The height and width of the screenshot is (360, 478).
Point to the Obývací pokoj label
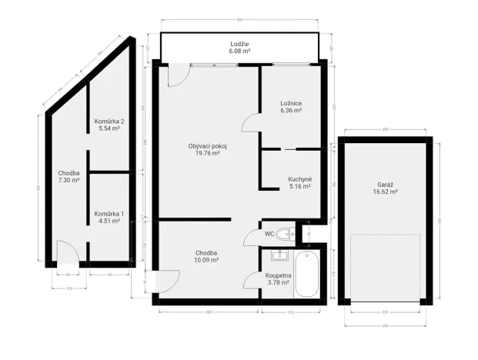coord(208,146)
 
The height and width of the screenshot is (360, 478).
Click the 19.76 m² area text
coord(208,153)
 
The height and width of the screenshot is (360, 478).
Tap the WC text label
coord(269,233)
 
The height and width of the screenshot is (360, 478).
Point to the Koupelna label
coord(277,275)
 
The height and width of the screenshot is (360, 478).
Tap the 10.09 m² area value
coord(206,260)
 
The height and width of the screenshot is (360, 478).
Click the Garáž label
coord(386,185)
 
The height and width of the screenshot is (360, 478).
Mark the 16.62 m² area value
coord(386,192)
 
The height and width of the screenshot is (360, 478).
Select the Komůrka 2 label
coord(109,122)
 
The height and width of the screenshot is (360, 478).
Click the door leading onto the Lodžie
coord(176,75)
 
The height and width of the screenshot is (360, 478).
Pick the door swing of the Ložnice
coord(251,124)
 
